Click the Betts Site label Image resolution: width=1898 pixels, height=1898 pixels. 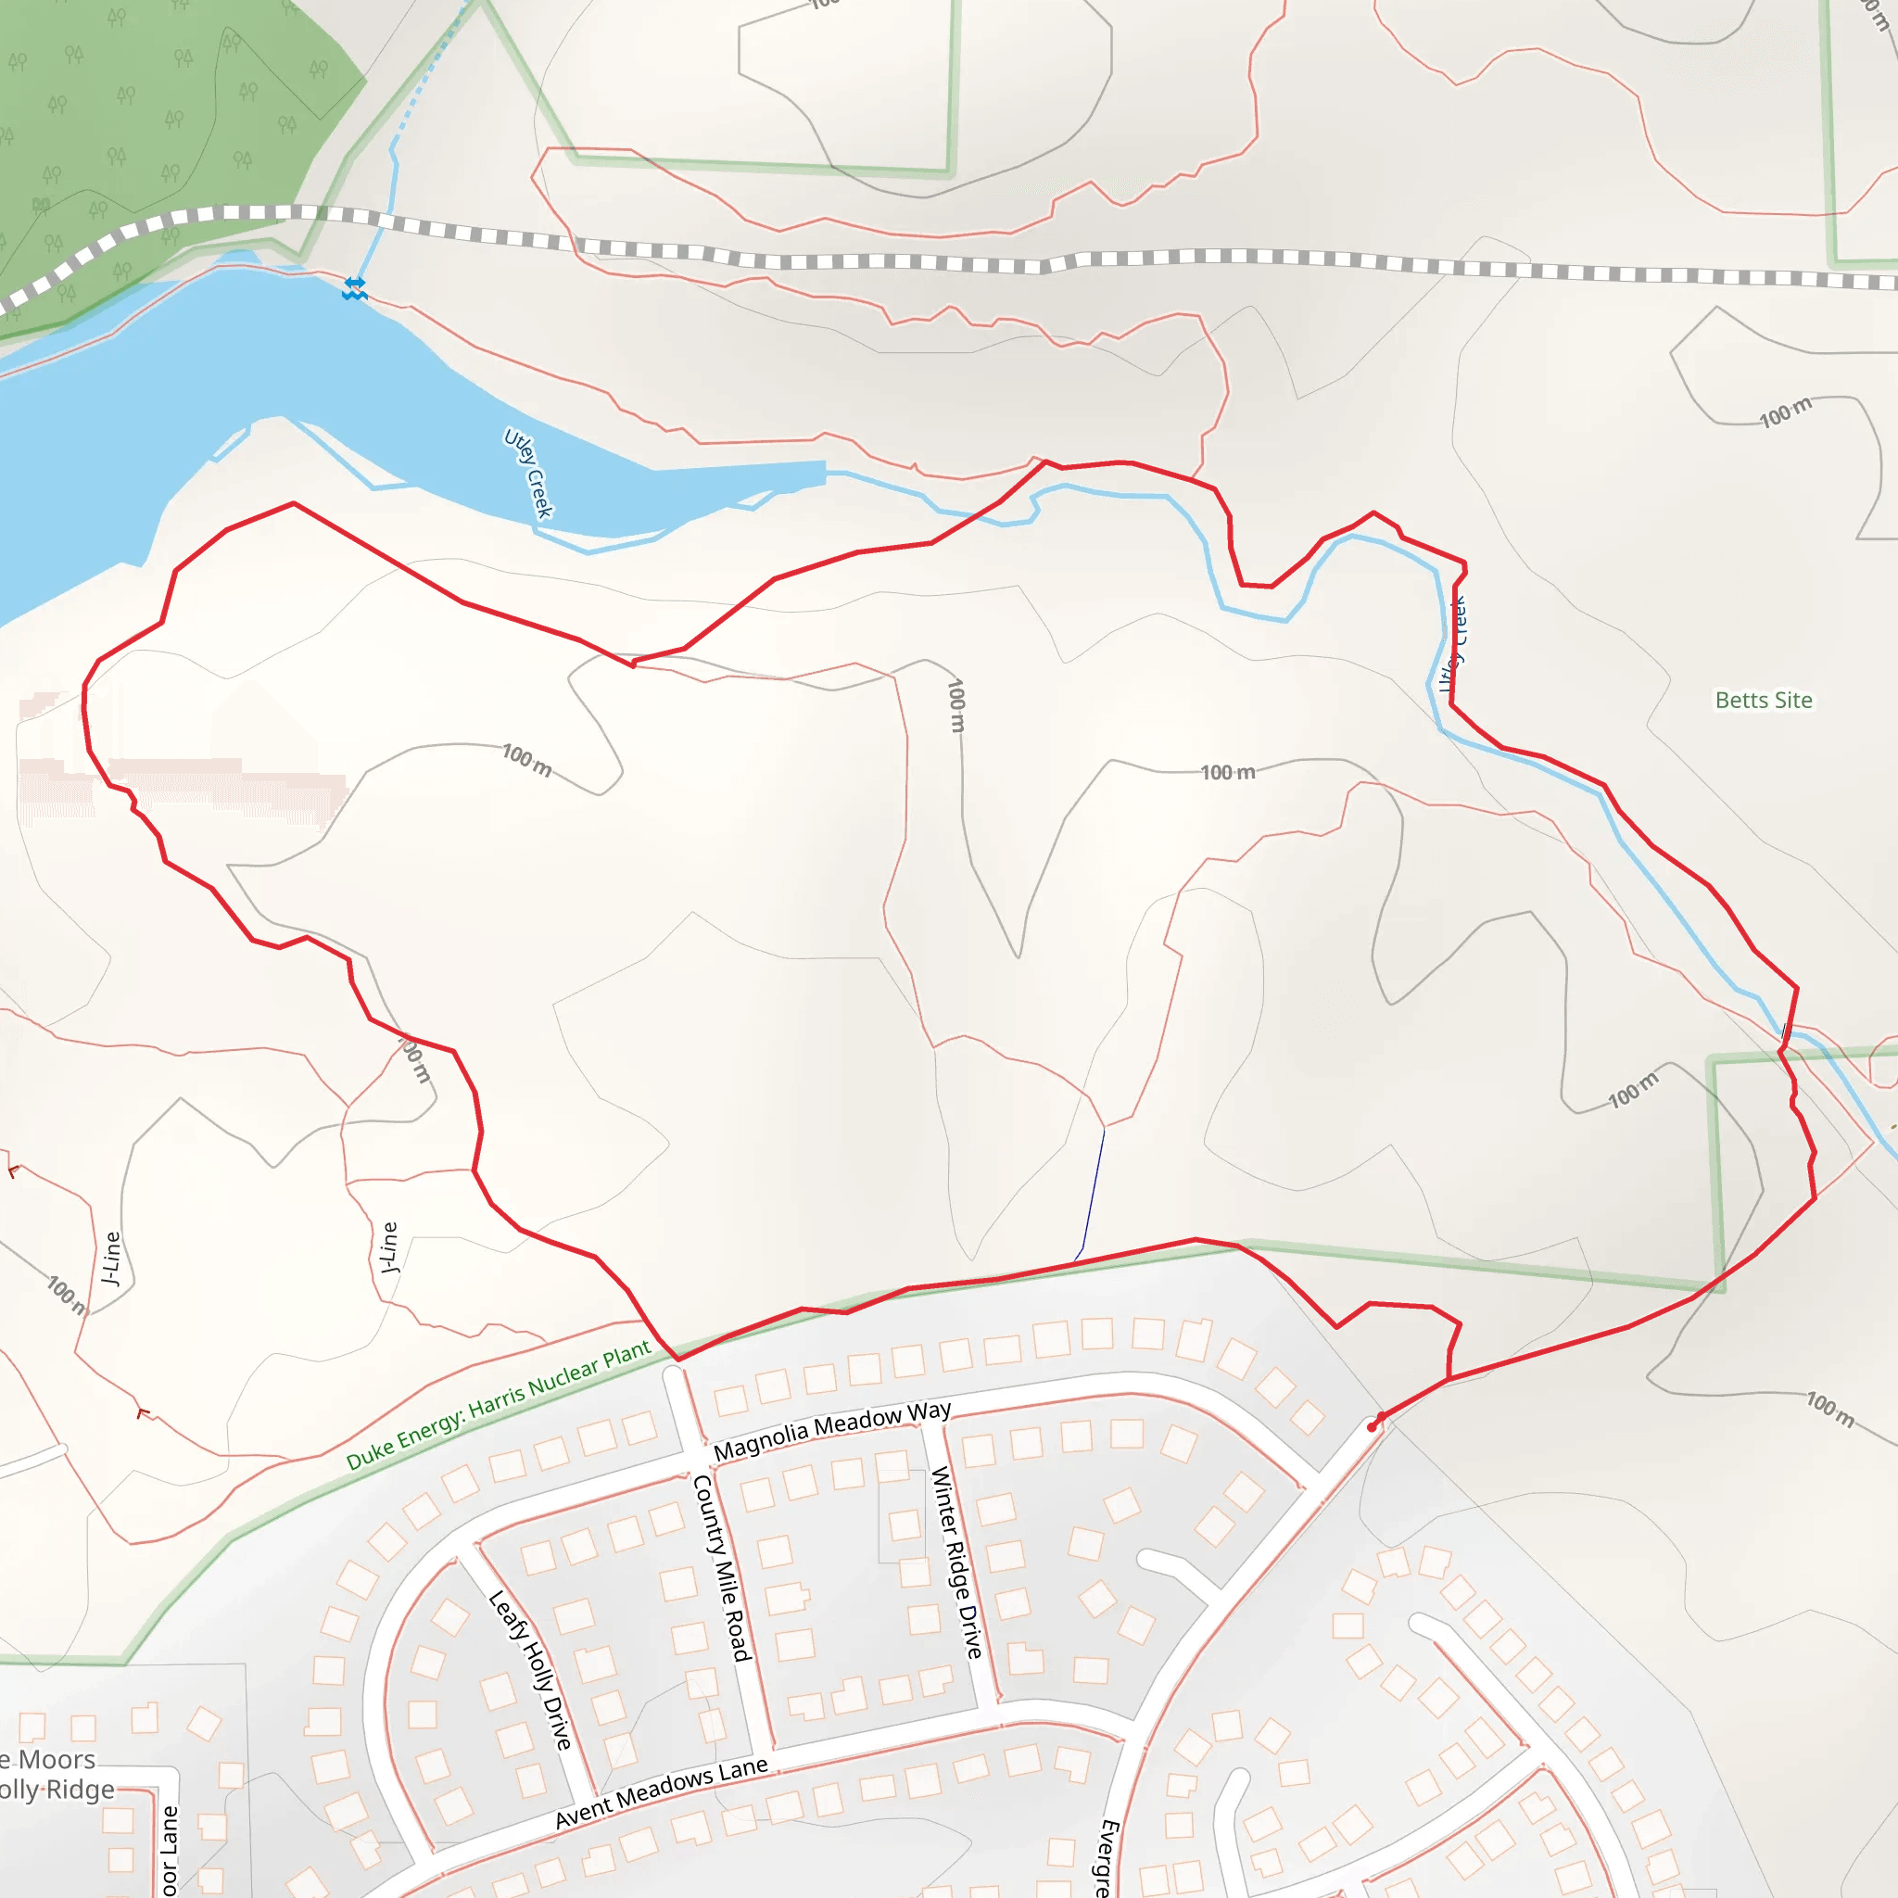pyautogui.click(x=1764, y=701)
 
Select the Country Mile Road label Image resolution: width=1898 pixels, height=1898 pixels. pyautogui.click(x=721, y=1568)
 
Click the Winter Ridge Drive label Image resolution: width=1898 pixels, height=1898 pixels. pyautogui.click(x=956, y=1562)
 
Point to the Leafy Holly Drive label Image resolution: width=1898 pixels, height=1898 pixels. pyautogui.click(x=530, y=1671)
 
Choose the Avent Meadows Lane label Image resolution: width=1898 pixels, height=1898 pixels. pyautogui.click(x=661, y=1793)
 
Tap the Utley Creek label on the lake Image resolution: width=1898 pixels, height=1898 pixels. pyautogui.click(x=528, y=473)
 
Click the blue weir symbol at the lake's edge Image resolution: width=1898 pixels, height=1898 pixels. pyautogui.click(x=355, y=288)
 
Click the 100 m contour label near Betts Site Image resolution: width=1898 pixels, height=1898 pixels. pyautogui.click(x=1785, y=412)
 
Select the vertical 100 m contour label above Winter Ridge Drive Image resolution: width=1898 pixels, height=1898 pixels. pyautogui.click(x=955, y=705)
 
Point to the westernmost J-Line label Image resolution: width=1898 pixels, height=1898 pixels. pyautogui.click(x=111, y=1259)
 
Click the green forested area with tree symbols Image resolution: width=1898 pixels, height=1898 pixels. pyautogui.click(x=147, y=118)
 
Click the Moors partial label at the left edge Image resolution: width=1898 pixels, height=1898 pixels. pyautogui.click(x=49, y=1760)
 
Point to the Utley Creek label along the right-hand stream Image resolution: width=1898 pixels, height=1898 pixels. pyautogui.click(x=1454, y=644)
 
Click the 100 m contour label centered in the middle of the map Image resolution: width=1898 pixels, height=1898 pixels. pyautogui.click(x=1228, y=772)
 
